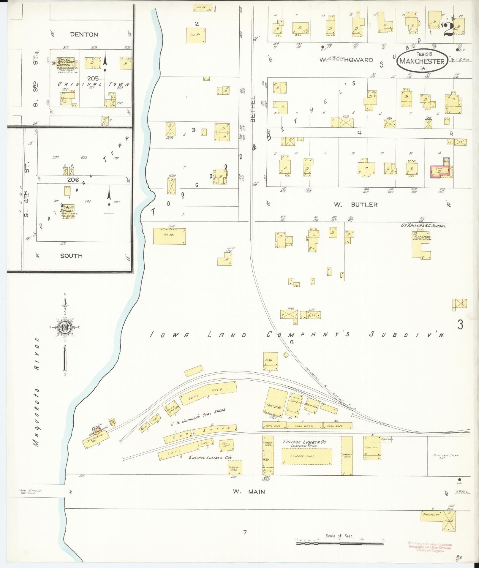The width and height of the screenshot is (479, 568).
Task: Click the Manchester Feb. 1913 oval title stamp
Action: point(422,61)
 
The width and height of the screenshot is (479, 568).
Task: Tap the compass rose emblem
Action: point(65,327)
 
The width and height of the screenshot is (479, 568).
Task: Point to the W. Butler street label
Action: point(355,205)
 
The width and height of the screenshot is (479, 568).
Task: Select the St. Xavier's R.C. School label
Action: point(423,226)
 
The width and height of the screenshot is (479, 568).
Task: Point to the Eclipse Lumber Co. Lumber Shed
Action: point(306,456)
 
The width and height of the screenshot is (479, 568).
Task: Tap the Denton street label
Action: point(84,35)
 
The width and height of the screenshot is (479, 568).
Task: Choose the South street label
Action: point(71,256)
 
